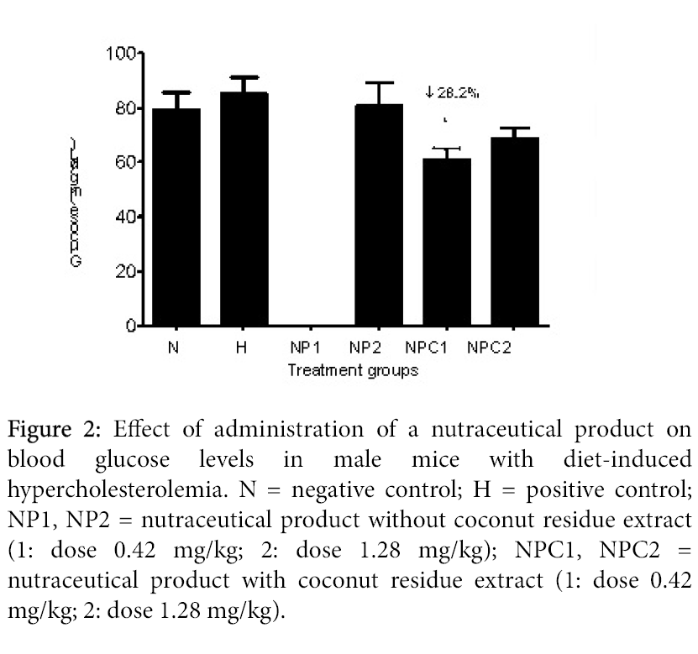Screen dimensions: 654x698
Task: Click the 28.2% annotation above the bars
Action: pyautogui.click(x=453, y=93)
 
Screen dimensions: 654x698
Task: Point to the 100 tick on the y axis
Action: pyautogui.click(x=121, y=55)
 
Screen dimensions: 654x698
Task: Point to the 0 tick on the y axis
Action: pyautogui.click(x=130, y=326)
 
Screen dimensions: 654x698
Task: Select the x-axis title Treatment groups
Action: pyautogui.click(x=353, y=369)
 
